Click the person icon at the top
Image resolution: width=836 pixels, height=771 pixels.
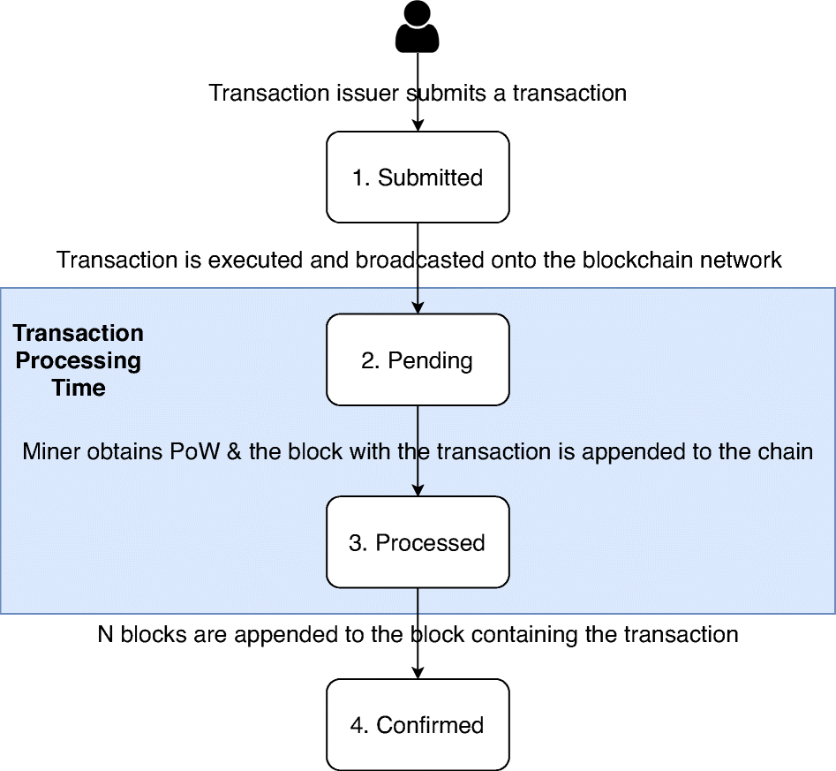[418, 26]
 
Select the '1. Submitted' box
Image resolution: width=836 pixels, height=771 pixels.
[418, 178]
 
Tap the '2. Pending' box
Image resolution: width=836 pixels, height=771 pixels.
[418, 360]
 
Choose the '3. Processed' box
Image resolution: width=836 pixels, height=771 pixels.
[418, 542]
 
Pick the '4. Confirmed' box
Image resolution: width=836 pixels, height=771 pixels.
[418, 725]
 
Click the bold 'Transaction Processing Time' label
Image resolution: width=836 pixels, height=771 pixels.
[79, 360]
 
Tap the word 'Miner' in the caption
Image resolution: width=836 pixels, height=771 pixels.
[51, 451]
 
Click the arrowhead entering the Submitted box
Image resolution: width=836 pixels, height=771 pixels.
[418, 126]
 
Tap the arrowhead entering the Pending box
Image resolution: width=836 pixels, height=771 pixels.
[418, 308]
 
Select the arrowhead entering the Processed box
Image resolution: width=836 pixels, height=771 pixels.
[418, 491]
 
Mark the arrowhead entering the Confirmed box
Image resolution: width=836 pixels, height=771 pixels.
[418, 673]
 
